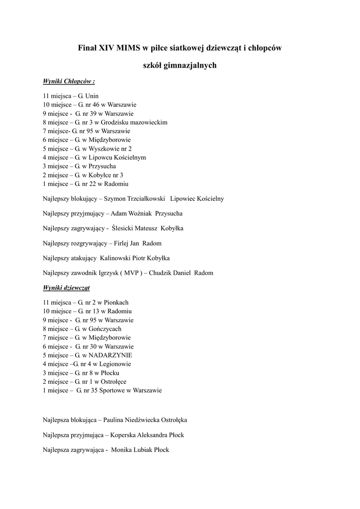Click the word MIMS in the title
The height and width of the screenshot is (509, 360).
coord(128,48)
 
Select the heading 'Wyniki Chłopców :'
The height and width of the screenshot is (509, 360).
coord(69,81)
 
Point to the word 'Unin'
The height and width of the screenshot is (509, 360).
coord(92,95)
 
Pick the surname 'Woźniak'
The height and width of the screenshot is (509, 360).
coord(140,214)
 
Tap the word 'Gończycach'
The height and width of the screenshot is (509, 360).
coord(104,329)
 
